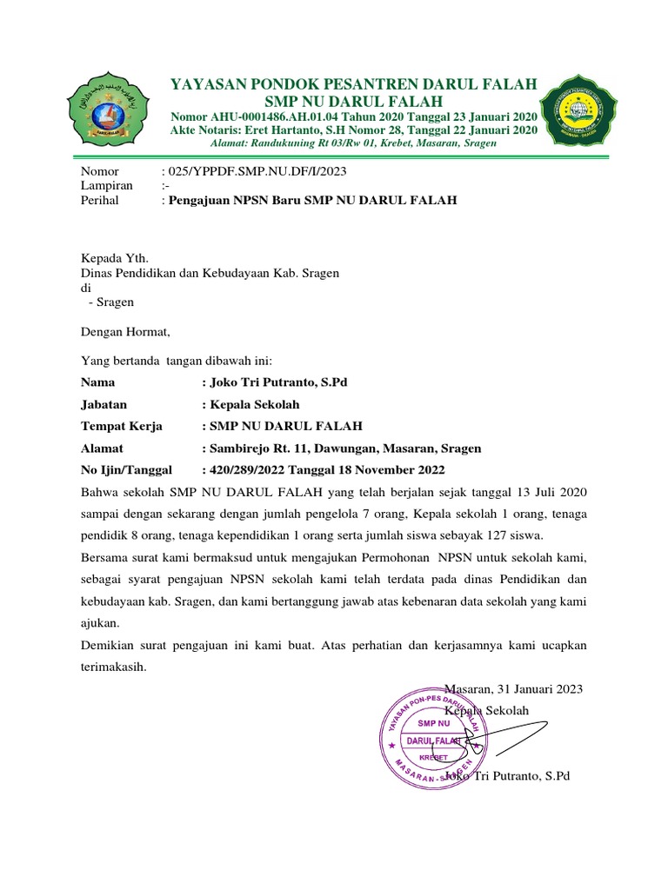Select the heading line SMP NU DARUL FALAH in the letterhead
click(353, 101)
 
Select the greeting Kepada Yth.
click(115, 258)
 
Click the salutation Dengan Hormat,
click(126, 331)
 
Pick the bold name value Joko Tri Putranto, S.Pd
click(278, 382)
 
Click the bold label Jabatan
click(104, 404)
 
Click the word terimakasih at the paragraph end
click(114, 667)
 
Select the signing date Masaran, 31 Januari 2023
click(513, 689)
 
